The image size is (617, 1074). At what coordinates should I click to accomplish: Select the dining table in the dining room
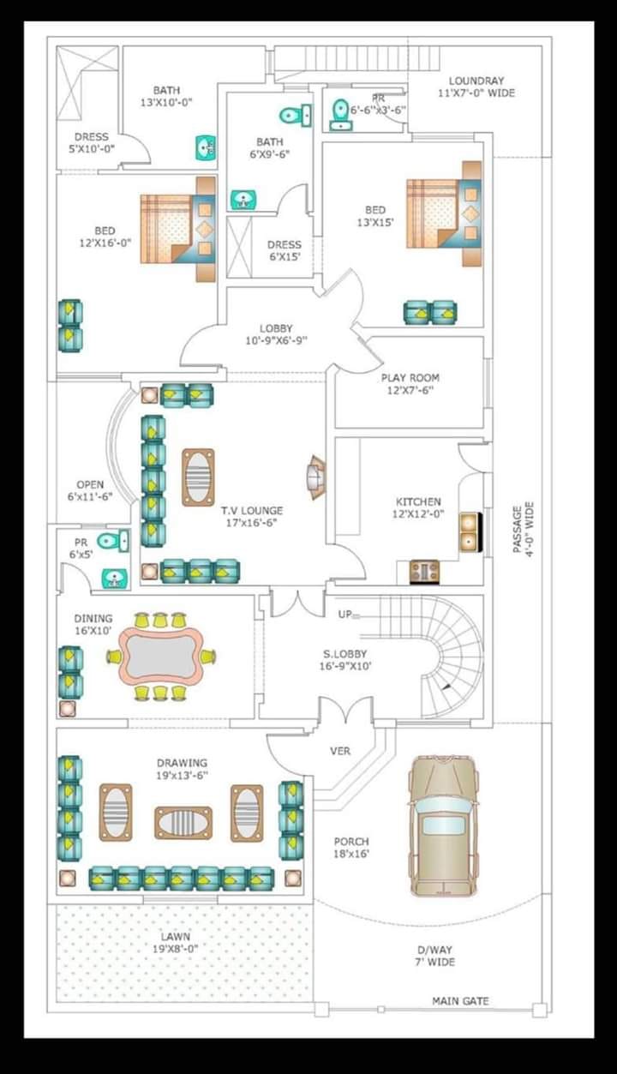pos(160,656)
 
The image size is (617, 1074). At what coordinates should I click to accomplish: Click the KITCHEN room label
pos(418,501)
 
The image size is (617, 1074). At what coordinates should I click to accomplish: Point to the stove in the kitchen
pos(424,572)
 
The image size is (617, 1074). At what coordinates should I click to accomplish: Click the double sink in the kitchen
pos(470,531)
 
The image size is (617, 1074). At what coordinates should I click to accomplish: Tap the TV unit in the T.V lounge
pos(316,477)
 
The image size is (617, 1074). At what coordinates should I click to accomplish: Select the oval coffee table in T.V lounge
pos(198,477)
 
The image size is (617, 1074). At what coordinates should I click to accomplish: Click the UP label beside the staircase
pos(344,615)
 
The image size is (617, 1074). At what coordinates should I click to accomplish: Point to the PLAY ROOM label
pos(410,377)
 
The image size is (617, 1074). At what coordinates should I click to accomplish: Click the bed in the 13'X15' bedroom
pos(444,213)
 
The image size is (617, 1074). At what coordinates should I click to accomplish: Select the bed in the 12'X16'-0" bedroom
pos(178,229)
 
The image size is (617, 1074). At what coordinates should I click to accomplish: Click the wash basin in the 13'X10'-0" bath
pos(205,148)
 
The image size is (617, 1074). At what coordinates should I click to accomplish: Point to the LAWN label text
pos(176,936)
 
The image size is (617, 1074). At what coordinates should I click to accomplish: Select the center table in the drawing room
pos(183,823)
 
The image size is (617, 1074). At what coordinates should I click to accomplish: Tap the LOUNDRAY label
pos(476,81)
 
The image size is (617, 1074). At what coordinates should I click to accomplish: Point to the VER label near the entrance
pos(340,751)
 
